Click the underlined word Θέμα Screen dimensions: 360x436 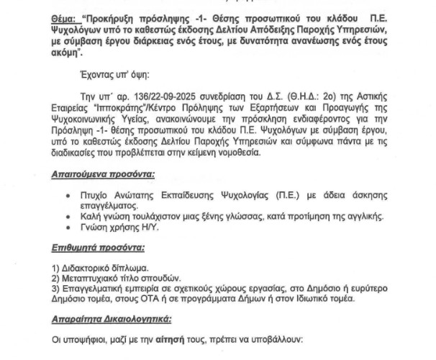tap(65, 15)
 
